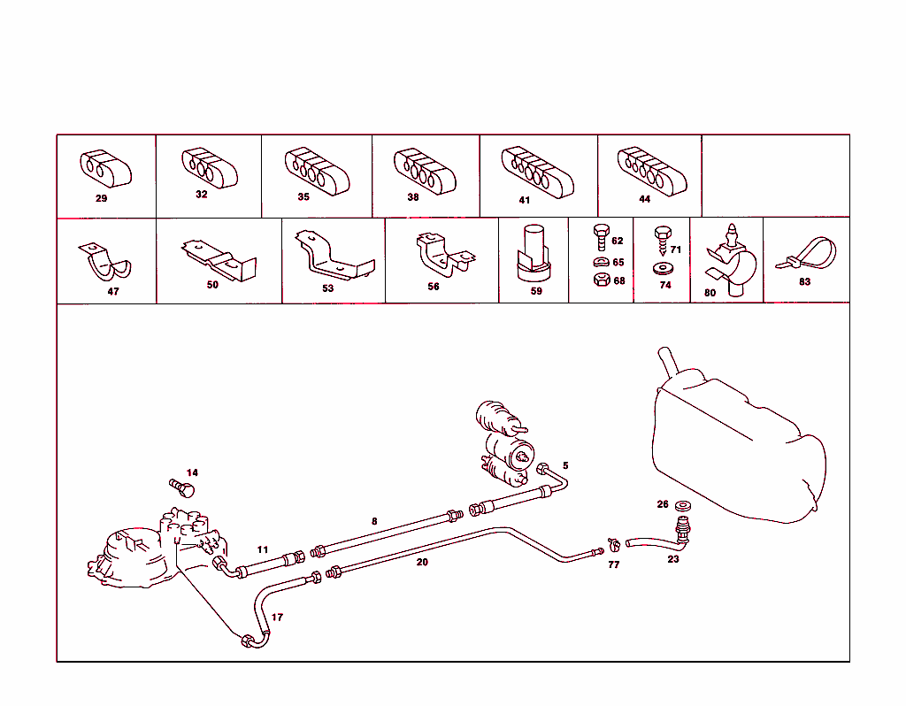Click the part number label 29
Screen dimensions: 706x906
(x=101, y=198)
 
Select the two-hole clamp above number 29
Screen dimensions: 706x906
(x=104, y=168)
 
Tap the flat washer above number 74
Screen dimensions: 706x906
(x=664, y=267)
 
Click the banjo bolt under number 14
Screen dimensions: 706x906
(x=182, y=487)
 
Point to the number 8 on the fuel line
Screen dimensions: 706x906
(x=374, y=521)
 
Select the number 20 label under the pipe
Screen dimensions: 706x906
(x=422, y=562)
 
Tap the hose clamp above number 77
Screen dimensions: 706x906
(x=611, y=546)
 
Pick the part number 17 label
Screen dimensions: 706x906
(x=277, y=618)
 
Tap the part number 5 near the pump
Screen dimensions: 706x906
(x=565, y=465)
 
